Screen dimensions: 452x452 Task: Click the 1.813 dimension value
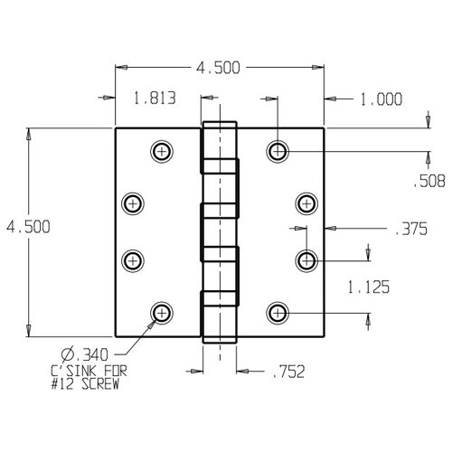[x=153, y=99]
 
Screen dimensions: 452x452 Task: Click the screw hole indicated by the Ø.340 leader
[x=162, y=312]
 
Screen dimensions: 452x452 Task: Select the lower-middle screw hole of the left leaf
[x=133, y=260]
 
